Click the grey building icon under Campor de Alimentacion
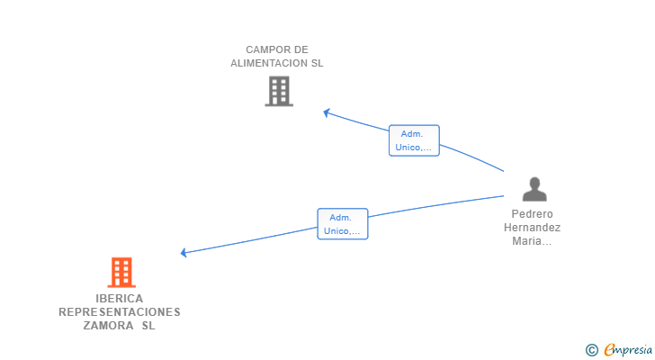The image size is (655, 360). tap(279, 91)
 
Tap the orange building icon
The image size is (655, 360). tap(121, 273)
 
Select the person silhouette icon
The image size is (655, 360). tap(534, 189)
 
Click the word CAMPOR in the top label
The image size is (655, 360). tap(263, 49)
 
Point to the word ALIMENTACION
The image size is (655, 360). tap(269, 63)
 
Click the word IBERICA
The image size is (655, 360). tap(120, 299)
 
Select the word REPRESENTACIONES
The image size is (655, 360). tap(120, 312)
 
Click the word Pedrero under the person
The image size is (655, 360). tap(533, 214)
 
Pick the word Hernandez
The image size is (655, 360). tap(533, 227)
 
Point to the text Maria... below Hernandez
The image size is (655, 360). tap(532, 241)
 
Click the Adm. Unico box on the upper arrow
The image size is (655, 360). tap(414, 140)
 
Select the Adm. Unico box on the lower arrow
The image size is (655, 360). tap(343, 224)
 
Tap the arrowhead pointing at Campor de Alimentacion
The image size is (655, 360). tap(327, 112)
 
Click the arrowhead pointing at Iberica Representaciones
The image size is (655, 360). tap(184, 253)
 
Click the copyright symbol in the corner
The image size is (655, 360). tap(592, 350)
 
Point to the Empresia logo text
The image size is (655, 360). tap(628, 350)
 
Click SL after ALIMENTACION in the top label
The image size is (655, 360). tap(317, 63)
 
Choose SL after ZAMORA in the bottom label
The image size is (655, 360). tap(148, 325)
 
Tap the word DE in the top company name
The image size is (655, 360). tap(301, 49)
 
